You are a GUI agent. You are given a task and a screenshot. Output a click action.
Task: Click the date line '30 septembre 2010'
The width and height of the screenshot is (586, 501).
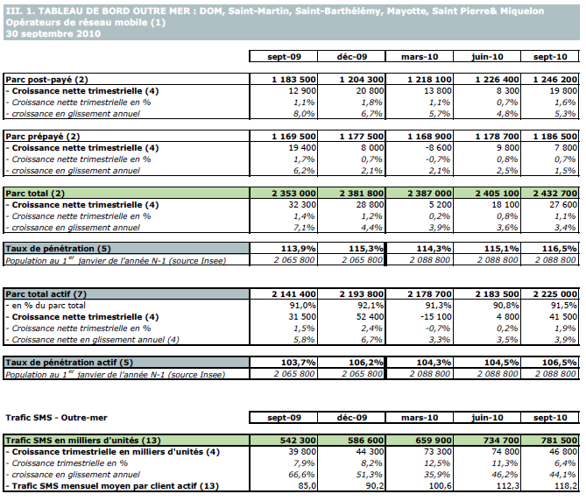[x=52, y=33]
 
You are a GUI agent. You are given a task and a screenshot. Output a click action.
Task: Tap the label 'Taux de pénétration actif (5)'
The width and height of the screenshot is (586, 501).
[x=70, y=362]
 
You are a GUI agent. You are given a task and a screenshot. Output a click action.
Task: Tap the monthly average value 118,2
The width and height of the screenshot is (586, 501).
[x=563, y=485]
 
